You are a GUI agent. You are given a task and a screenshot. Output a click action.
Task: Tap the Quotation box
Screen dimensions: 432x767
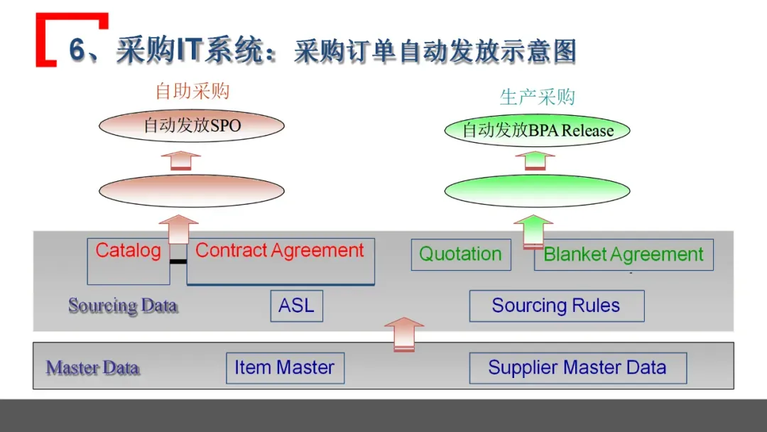tap(461, 254)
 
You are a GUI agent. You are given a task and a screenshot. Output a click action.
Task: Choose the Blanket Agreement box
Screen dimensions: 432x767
tap(624, 255)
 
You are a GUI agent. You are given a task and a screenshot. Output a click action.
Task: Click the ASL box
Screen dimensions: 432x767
tap(296, 306)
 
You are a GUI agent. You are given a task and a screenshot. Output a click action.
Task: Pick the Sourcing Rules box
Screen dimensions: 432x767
tap(556, 306)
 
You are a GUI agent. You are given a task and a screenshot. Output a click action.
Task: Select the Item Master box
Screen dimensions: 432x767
tap(285, 368)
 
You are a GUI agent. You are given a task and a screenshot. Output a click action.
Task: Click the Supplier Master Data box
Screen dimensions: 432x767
tap(577, 368)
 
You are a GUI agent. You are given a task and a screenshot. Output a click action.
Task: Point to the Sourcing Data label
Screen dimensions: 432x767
tap(122, 306)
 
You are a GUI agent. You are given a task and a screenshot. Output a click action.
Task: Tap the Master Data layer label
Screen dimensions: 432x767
tap(92, 368)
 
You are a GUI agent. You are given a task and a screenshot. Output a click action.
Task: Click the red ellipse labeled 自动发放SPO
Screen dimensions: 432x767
tap(192, 126)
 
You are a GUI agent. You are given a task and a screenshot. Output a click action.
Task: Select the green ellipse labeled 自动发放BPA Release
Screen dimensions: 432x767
tap(538, 130)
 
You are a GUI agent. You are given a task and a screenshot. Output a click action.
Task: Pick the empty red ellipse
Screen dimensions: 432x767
tap(192, 190)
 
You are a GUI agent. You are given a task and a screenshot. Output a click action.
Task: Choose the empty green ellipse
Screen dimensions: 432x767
tap(538, 191)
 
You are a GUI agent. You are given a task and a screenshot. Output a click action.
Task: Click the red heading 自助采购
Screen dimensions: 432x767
tap(192, 91)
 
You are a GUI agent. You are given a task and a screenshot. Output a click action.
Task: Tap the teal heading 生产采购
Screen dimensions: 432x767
tap(537, 97)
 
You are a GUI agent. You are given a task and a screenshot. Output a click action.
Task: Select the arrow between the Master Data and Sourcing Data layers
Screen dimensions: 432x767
tap(403, 334)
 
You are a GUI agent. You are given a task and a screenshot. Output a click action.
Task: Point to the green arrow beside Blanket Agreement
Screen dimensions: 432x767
tap(533, 232)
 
